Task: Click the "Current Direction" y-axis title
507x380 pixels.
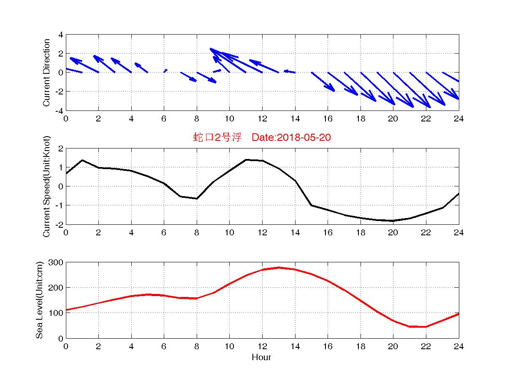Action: coord(46,73)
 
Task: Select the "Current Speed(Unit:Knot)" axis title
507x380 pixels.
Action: coord(46,186)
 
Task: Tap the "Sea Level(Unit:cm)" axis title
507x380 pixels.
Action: coord(39,300)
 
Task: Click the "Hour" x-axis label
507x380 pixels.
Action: coord(262,358)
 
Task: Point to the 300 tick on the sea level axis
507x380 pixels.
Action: coord(57,262)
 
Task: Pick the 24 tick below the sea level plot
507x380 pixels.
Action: coord(458,346)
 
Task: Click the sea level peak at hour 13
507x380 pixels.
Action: coord(279,267)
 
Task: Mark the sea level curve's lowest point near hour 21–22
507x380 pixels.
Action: coord(418,326)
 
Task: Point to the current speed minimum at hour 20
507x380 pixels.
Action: coord(393,221)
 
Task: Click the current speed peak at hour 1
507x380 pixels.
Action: coord(82,160)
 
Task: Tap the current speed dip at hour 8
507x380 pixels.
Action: coord(196,198)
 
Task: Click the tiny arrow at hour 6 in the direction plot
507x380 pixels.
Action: coord(165,70)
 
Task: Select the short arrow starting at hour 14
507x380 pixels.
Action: coord(290,71)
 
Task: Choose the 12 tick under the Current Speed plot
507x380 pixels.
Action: coord(262,232)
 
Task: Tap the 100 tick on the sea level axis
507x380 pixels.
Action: coord(57,313)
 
